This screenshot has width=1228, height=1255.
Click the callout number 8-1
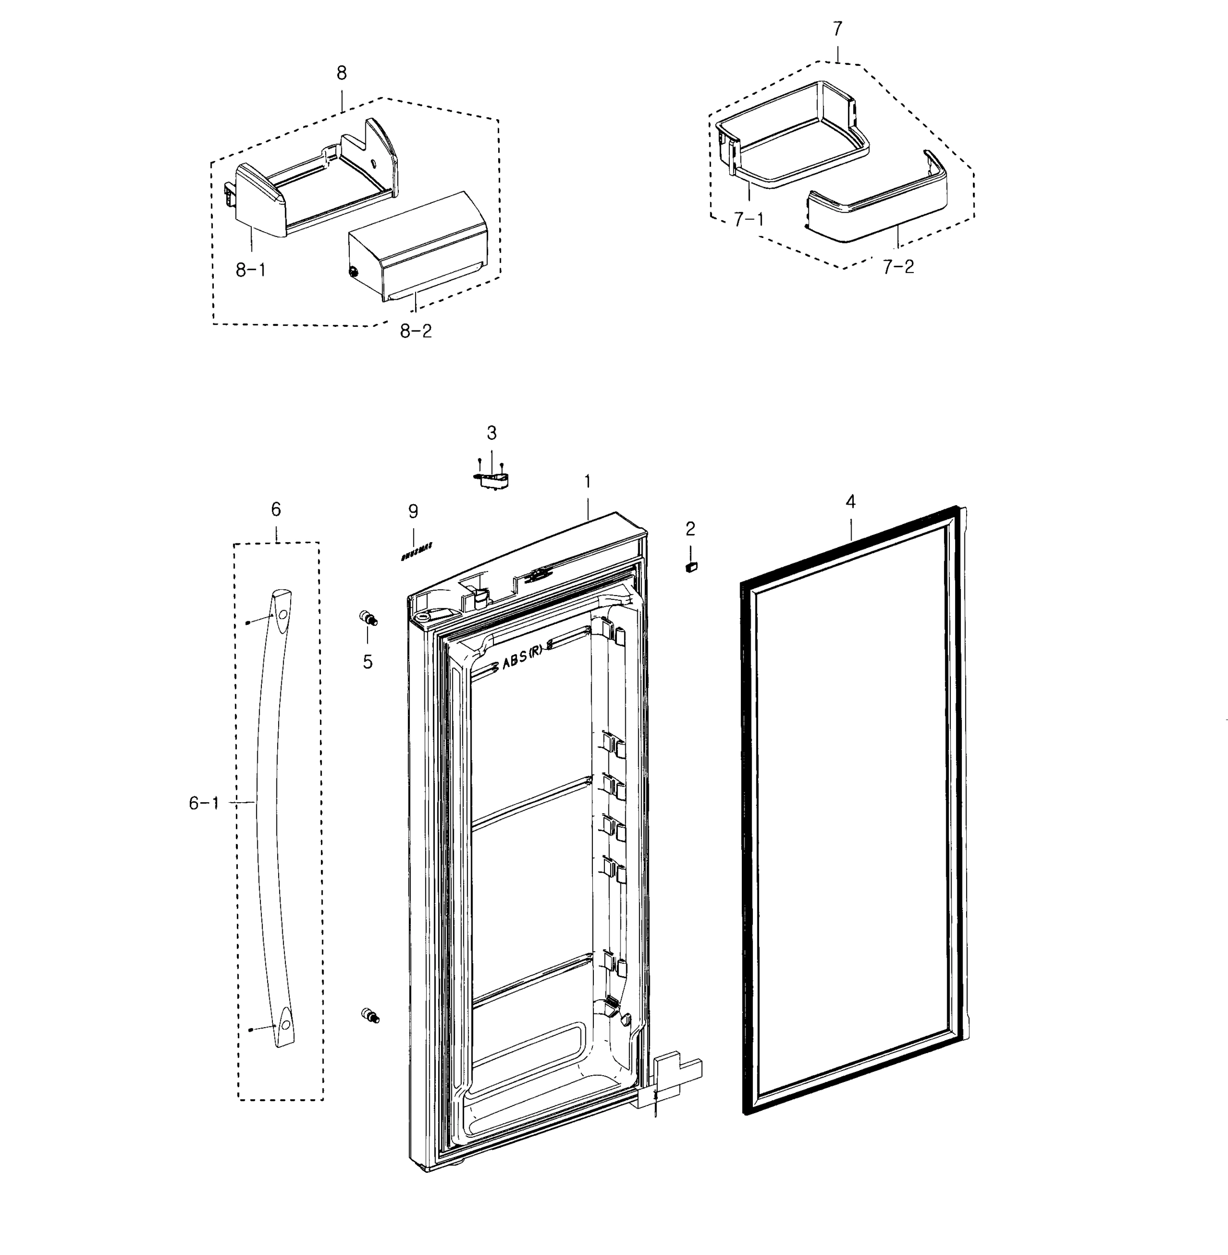250,270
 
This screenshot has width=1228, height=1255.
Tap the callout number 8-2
416,332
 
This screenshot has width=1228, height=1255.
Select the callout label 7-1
748,220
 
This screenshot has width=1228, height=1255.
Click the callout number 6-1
204,803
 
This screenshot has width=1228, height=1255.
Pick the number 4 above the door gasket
850,501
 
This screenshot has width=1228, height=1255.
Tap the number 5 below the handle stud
368,661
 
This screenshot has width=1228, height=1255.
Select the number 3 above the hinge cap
491,433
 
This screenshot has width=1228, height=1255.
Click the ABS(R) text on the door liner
522,664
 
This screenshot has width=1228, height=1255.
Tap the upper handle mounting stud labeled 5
368,618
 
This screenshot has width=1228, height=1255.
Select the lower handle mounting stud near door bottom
370,1016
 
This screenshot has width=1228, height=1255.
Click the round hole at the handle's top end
283,615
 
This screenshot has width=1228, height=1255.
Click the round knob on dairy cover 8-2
353,273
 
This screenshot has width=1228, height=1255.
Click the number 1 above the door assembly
587,482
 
